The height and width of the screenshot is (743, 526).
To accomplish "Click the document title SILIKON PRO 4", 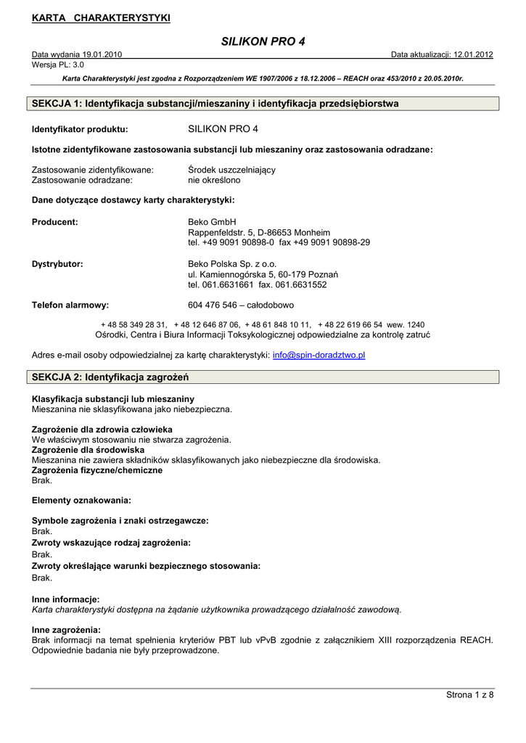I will point(263,41).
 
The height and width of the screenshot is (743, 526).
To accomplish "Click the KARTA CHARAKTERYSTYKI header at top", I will point(101,18).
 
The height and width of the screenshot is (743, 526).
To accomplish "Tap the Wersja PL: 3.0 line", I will point(58,65).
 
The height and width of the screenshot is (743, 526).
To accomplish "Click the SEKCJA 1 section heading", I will point(215,104).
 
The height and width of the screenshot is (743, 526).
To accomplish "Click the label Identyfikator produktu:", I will point(80,130).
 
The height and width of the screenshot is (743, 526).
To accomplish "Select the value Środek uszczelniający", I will point(231,170).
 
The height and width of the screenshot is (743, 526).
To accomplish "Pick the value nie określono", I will point(214,180).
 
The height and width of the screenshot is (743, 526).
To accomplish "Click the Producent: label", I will point(55,222).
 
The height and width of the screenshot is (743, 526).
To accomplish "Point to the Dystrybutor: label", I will point(57,264).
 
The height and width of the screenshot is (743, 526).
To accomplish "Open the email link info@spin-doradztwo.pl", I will point(319,356).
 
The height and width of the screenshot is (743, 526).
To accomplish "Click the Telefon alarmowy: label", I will point(70,305).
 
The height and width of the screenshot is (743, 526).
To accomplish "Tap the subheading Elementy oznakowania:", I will point(81,501).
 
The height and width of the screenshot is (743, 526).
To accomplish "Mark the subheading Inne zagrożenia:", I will point(66,630).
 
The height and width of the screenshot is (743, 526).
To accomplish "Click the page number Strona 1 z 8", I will point(469,696).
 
